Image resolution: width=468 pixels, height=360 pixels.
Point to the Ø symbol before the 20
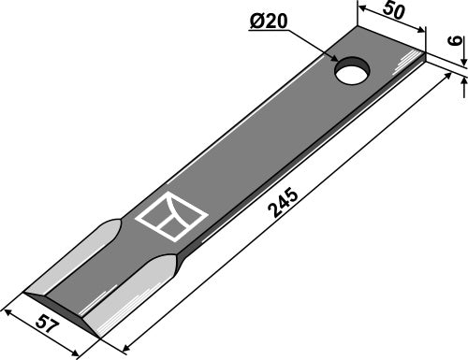coord(255,22)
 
